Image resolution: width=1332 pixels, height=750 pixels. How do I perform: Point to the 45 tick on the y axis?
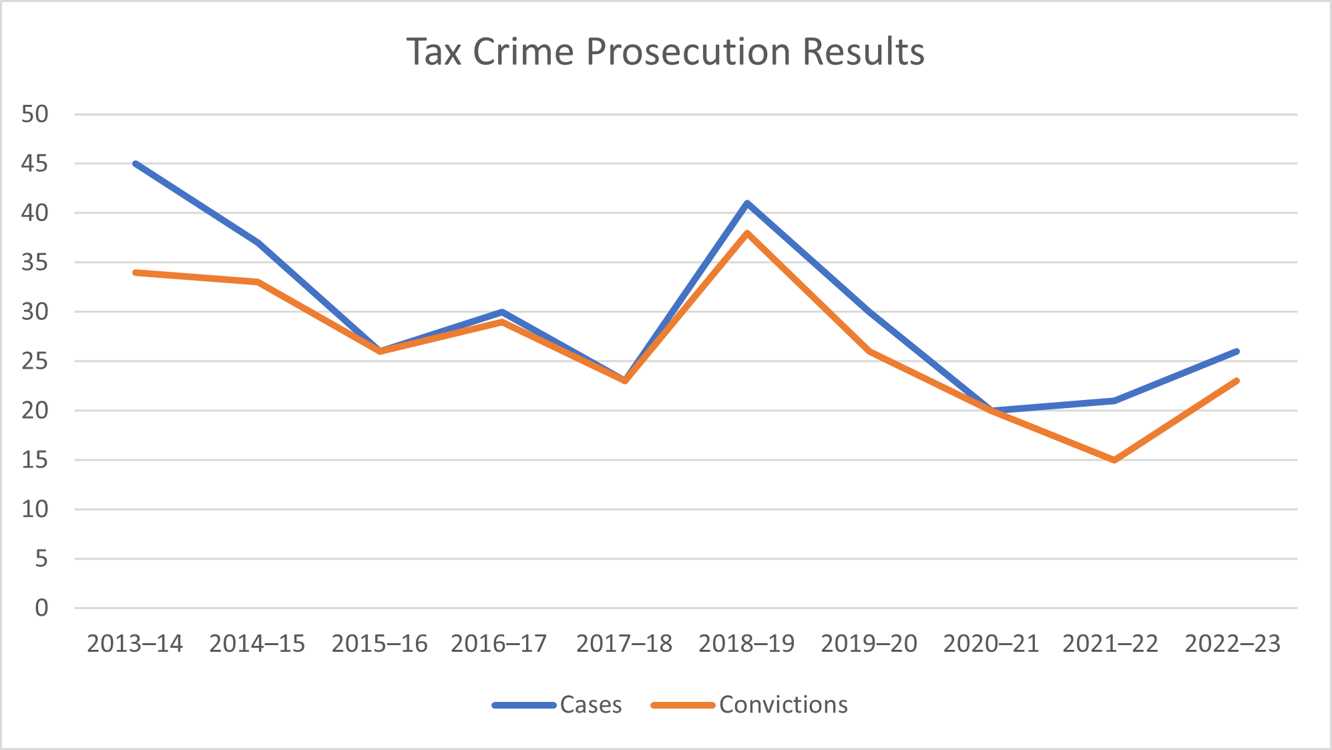pos(35,164)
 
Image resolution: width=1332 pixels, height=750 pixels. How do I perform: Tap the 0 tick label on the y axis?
pos(41,608)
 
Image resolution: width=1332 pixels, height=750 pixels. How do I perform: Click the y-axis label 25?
pos(35,361)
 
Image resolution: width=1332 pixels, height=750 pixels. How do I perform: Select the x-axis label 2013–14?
pos(135,644)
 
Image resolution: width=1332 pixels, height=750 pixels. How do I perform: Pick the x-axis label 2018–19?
pos(746,644)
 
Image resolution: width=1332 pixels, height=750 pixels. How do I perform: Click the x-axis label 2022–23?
pos(1233,644)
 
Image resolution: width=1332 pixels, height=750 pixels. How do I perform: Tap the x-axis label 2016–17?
pos(499,644)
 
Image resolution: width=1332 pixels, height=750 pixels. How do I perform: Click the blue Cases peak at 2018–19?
pos(747,203)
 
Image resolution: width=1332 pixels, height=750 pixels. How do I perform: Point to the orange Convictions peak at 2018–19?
pos(747,233)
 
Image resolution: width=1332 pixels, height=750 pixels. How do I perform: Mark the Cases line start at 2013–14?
pos(136,164)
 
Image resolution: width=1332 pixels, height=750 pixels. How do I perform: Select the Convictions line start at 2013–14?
pos(136,272)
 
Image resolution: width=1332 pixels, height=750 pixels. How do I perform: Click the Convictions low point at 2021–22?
pos(1114,460)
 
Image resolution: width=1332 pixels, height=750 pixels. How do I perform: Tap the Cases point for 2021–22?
pos(1114,401)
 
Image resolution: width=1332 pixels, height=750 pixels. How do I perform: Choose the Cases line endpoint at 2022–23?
pos(1237,351)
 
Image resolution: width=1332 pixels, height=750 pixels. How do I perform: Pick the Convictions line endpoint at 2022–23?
pos(1237,381)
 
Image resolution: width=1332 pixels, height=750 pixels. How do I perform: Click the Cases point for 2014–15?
pos(258,242)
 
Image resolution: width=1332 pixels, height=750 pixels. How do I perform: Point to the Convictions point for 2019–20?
pos(869,351)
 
